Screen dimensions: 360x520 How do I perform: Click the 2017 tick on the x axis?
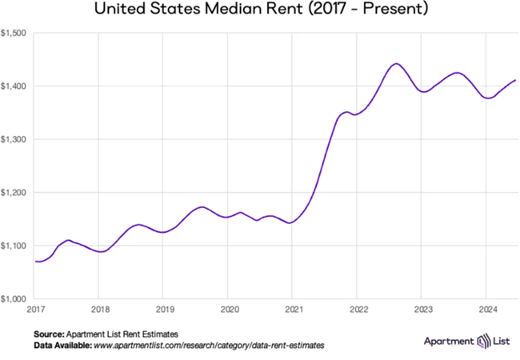[35, 308]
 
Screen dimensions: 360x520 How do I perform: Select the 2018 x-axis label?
[99, 308]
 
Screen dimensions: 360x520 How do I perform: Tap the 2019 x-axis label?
[164, 308]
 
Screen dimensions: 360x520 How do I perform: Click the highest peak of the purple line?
[395, 63]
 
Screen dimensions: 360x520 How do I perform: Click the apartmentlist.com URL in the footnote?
[209, 345]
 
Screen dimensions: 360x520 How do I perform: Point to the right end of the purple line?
[516, 80]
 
